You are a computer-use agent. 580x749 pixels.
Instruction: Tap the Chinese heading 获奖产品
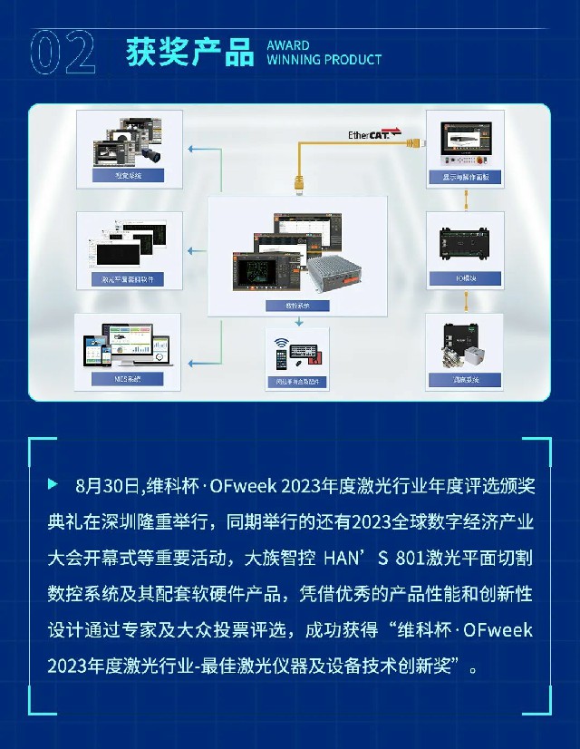(x=190, y=53)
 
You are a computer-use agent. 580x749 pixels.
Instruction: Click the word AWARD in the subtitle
(x=288, y=45)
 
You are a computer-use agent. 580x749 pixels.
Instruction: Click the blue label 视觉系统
(x=128, y=176)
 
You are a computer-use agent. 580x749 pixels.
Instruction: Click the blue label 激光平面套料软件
(x=128, y=279)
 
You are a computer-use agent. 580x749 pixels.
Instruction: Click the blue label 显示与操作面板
(x=464, y=179)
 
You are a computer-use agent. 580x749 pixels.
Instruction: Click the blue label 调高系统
(x=464, y=379)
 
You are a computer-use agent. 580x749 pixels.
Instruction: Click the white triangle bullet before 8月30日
(x=53, y=484)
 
